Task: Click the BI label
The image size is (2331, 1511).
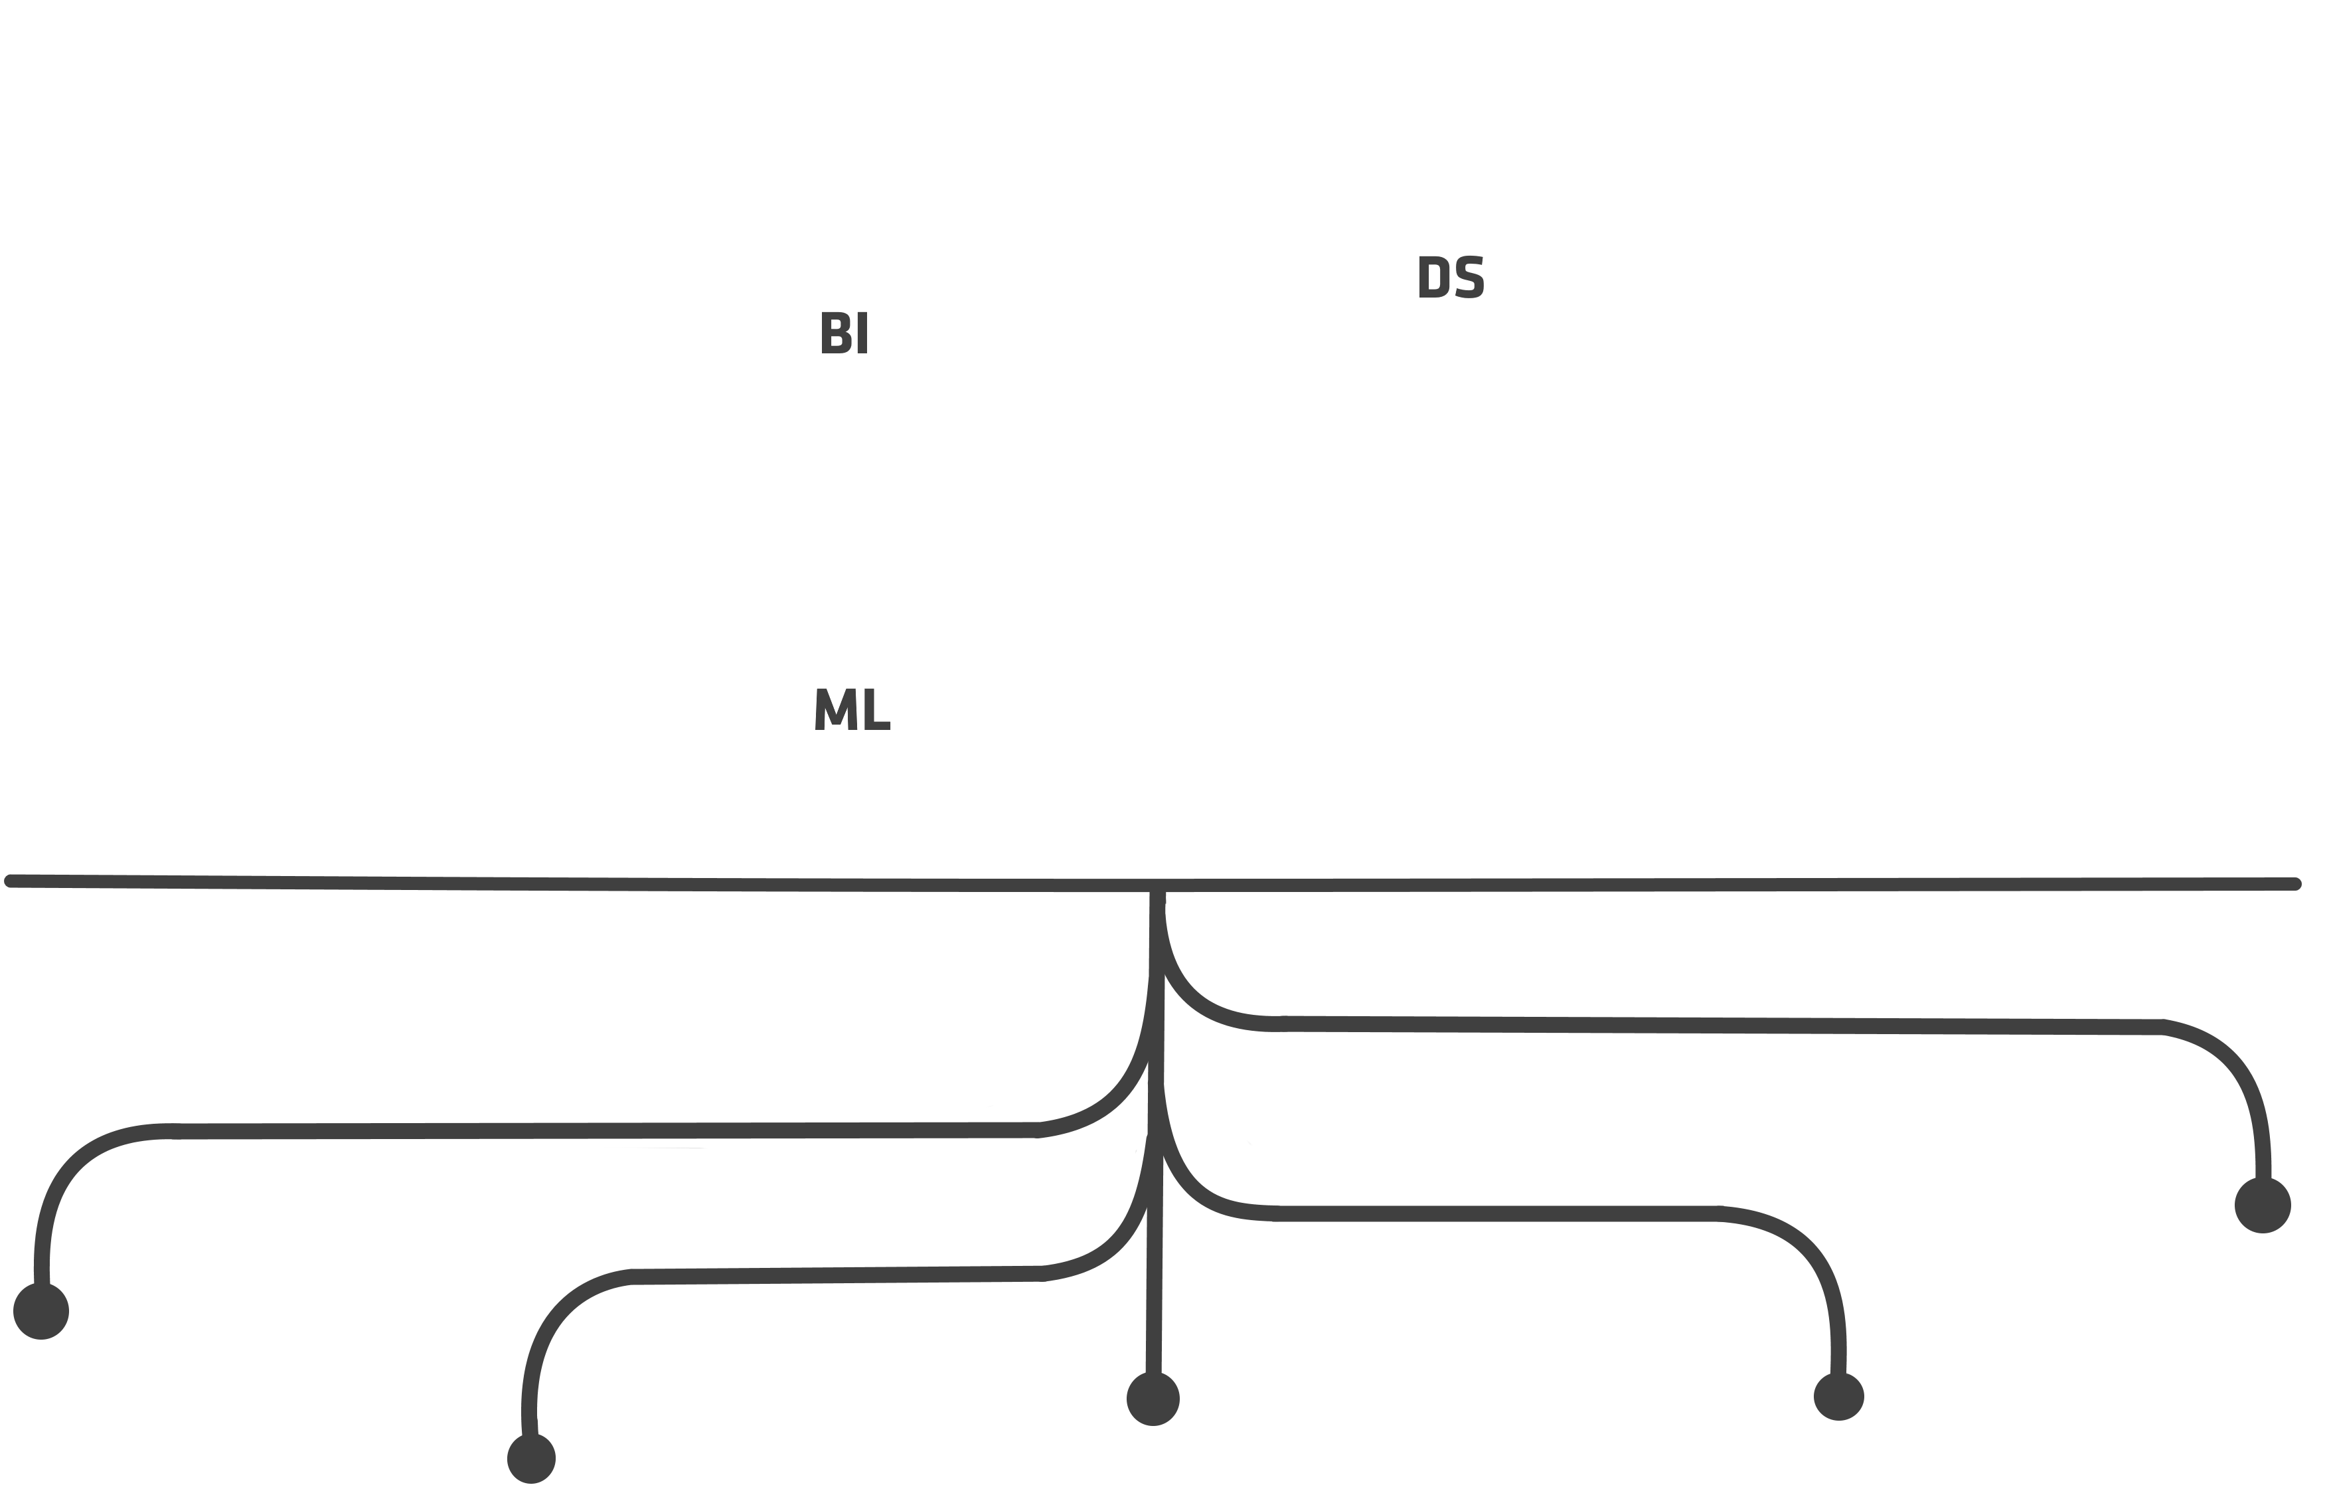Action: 844,332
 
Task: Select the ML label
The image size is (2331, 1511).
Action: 852,709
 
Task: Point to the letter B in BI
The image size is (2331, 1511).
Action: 835,332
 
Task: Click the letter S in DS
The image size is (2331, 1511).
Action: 1469,276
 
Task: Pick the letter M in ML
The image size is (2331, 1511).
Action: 835,709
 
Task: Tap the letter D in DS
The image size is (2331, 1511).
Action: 1433,276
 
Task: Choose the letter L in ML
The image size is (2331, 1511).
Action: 878,709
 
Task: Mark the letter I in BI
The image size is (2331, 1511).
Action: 862,332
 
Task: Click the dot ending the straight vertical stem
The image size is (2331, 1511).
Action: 1153,1399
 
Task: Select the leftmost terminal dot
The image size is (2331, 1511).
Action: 41,1311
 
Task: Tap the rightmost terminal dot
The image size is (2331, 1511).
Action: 2263,1205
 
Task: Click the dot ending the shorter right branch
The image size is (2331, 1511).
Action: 1838,1396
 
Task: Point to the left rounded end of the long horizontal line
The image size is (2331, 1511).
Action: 11,881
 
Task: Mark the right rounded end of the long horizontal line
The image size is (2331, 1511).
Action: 2296,884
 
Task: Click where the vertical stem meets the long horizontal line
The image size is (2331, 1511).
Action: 1157,887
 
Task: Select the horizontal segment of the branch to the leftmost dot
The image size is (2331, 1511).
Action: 607,1131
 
